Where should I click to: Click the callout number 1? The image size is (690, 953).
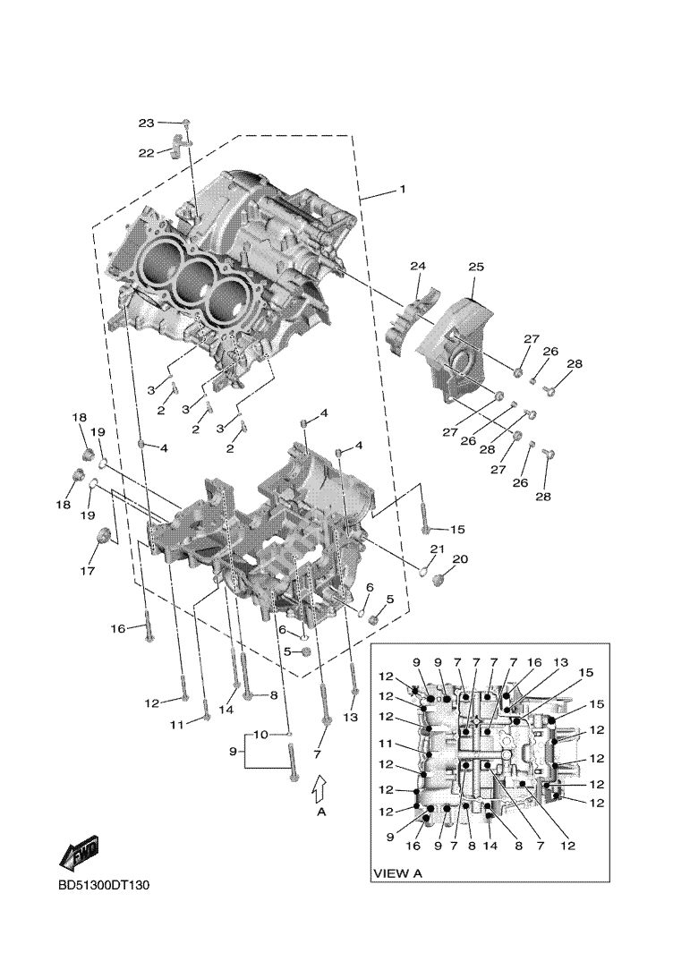[x=402, y=190]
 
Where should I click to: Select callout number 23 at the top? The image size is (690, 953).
[x=145, y=123]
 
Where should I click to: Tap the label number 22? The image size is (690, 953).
[x=146, y=153]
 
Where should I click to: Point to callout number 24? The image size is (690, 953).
[x=418, y=266]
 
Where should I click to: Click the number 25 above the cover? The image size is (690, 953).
[x=475, y=267]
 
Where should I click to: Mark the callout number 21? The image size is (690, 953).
[x=436, y=549]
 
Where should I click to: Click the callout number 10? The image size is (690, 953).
[x=260, y=735]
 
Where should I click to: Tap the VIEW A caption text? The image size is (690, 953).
[x=397, y=872]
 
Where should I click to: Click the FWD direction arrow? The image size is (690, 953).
[x=79, y=851]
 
